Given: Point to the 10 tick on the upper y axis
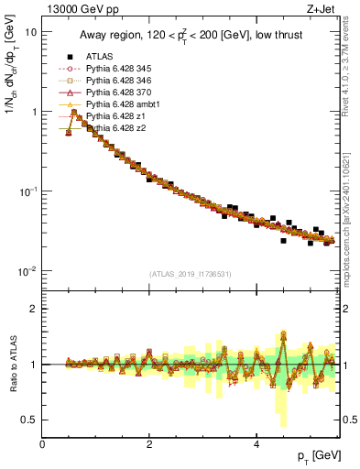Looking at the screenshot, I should click(x=31, y=31).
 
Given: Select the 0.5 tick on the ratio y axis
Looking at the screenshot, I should click(x=29, y=420).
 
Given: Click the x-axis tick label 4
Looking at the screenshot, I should click(x=256, y=443).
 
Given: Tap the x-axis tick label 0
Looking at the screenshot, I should click(x=42, y=443).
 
